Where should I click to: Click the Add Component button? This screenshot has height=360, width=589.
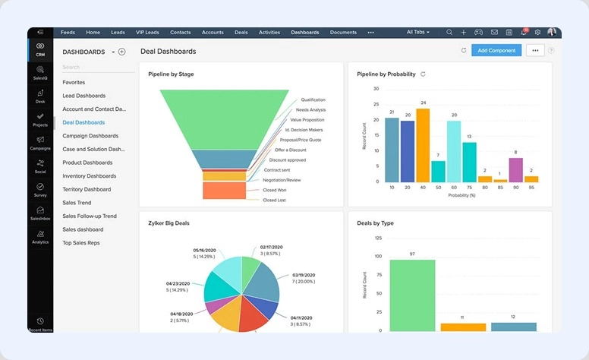pyautogui.click(x=496, y=50)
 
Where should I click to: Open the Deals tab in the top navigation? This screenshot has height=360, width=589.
pyautogui.click(x=241, y=33)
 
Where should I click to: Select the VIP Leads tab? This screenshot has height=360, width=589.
pyautogui.click(x=148, y=33)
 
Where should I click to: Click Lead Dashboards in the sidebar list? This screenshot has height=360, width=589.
pyautogui.click(x=83, y=96)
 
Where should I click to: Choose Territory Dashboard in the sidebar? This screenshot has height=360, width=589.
pyautogui.click(x=87, y=189)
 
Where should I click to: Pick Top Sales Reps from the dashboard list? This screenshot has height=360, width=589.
pyautogui.click(x=81, y=243)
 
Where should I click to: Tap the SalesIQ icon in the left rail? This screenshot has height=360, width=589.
pyautogui.click(x=40, y=73)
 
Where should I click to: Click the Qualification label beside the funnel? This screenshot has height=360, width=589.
pyautogui.click(x=313, y=99)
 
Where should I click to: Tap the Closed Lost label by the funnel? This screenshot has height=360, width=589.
pyautogui.click(x=274, y=200)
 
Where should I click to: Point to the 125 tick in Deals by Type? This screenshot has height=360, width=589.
pyautogui.click(x=378, y=238)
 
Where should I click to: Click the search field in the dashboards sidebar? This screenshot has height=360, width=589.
pyautogui.click(x=91, y=67)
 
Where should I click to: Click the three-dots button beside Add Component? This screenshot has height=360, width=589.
pyautogui.click(x=535, y=50)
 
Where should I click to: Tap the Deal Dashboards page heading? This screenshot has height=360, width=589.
pyautogui.click(x=167, y=51)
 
